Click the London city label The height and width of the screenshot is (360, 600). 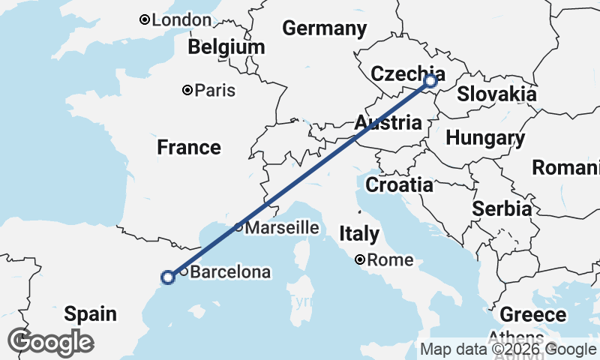[181, 20]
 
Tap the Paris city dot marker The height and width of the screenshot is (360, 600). [187, 91]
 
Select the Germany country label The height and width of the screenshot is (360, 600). [324, 29]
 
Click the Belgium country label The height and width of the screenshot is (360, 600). [226, 47]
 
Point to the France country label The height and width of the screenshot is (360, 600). [189, 148]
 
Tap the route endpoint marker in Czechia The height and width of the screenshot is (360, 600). [430, 81]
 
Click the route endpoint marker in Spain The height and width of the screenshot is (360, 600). [168, 277]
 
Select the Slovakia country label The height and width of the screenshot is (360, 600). [496, 94]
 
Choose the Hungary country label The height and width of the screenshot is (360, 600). [484, 138]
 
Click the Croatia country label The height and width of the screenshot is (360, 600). [399, 184]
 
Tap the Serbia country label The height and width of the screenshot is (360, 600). [502, 209]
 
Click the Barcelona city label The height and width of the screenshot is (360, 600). [230, 272]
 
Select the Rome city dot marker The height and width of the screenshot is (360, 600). [361, 260]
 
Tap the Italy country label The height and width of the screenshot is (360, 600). [358, 233]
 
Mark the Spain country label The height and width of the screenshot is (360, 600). [90, 313]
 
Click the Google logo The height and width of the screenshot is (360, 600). [50, 342]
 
